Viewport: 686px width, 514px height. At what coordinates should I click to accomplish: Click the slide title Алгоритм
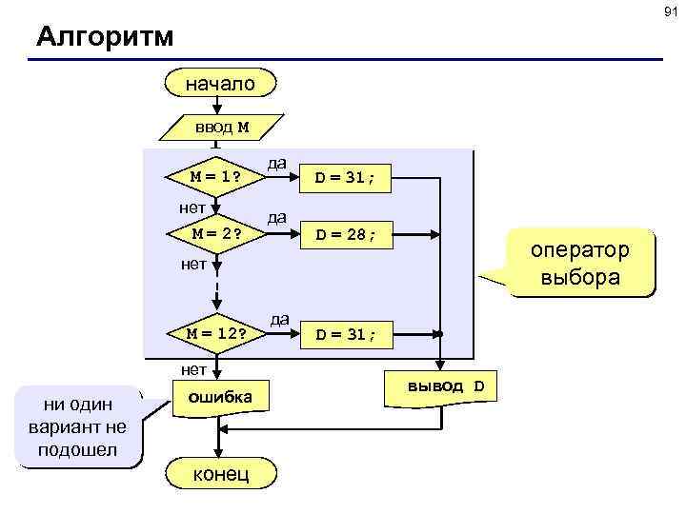point(105,37)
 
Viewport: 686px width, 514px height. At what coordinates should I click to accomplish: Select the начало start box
point(219,84)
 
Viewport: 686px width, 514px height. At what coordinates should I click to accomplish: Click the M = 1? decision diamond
point(215,176)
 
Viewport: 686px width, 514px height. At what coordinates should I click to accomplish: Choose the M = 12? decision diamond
point(216,333)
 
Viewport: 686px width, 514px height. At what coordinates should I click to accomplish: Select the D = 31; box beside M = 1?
point(345,176)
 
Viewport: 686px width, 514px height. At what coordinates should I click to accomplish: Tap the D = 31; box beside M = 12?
point(345,334)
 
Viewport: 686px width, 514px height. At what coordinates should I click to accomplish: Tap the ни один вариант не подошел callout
point(78,426)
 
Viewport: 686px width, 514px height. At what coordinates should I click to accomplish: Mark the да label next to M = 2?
point(276,217)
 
